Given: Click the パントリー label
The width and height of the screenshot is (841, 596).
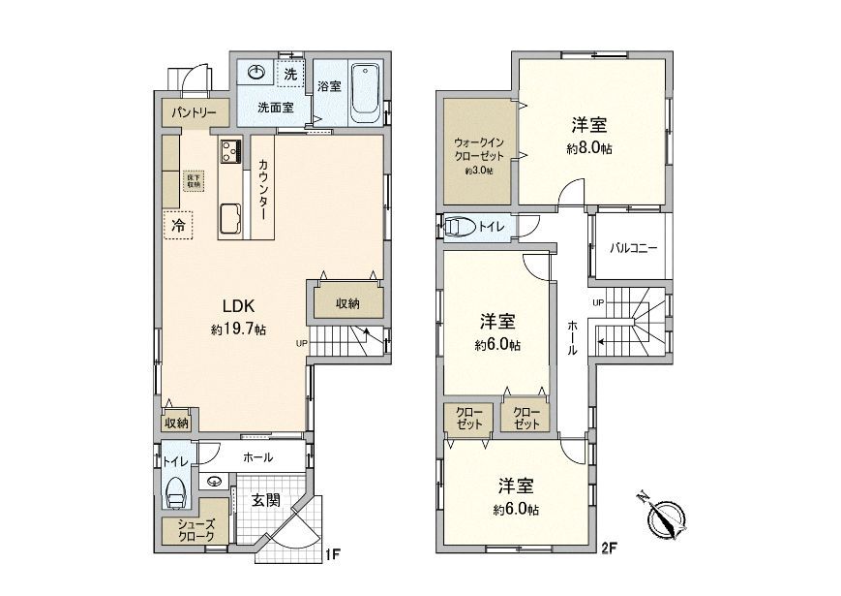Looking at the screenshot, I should pyautogui.click(x=195, y=112).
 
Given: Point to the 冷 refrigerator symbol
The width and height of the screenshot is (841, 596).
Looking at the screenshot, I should pyautogui.click(x=178, y=224).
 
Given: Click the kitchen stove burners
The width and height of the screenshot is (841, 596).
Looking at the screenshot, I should pyautogui.click(x=231, y=150).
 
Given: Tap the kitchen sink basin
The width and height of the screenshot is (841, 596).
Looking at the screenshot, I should pyautogui.click(x=230, y=218).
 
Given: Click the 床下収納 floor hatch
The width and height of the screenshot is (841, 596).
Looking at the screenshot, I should pyautogui.click(x=193, y=180).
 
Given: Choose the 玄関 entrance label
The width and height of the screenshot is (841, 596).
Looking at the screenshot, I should pyautogui.click(x=266, y=500).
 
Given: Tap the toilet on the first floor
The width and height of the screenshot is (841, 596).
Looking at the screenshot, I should pyautogui.click(x=177, y=491).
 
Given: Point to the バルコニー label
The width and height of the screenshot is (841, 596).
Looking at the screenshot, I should pyautogui.click(x=633, y=248).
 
